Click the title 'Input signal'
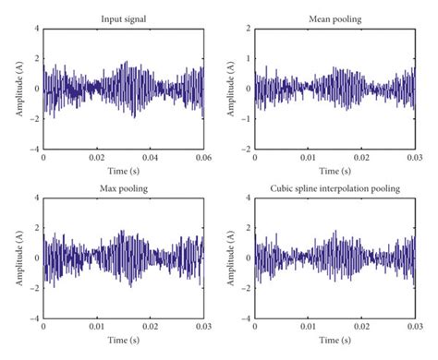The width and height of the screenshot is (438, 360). [123, 18]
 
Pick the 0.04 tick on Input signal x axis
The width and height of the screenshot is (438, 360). [150, 159]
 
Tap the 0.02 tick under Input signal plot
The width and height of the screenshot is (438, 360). [97, 159]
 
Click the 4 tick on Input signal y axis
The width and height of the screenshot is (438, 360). [37, 30]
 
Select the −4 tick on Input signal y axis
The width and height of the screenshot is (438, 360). [34, 149]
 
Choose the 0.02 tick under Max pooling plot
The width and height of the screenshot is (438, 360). [150, 328]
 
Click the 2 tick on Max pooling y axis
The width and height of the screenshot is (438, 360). [37, 228]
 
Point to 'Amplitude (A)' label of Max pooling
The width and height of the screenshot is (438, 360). [20, 258]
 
